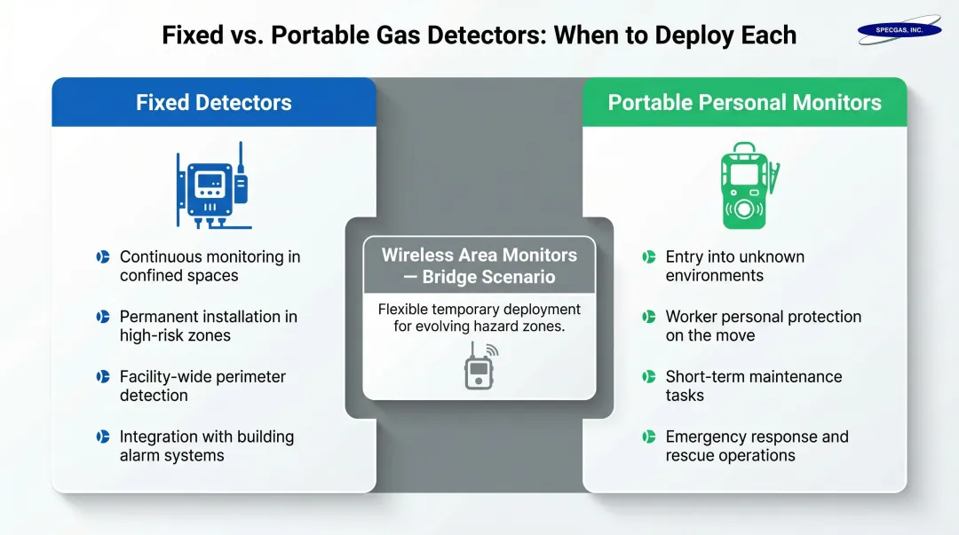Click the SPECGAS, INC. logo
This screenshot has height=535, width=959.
pyautogui.click(x=899, y=29)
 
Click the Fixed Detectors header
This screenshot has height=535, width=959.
pyautogui.click(x=213, y=102)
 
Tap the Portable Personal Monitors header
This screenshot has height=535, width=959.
pyautogui.click(x=744, y=102)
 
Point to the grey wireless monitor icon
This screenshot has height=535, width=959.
pyautogui.click(x=480, y=366)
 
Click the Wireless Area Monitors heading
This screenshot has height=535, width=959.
pyautogui.click(x=479, y=265)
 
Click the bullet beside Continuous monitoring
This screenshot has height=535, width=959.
pyautogui.click(x=103, y=257)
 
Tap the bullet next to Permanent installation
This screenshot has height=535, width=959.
pyautogui.click(x=103, y=317)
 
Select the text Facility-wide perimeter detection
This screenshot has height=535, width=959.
pyautogui.click(x=202, y=386)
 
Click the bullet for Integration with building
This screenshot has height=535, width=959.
pyautogui.click(x=103, y=437)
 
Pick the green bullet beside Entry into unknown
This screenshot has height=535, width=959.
pyautogui.click(x=649, y=257)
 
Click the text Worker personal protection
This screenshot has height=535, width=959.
pyautogui.click(x=763, y=317)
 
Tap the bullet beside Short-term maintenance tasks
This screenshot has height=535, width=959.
pyautogui.click(x=649, y=377)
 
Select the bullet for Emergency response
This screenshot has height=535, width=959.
pyautogui.click(x=649, y=437)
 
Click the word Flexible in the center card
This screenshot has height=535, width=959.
pyautogui.click(x=404, y=310)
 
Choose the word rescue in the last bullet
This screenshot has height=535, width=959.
pyautogui.click(x=689, y=456)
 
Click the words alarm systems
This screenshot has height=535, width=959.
pyautogui.click(x=171, y=456)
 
